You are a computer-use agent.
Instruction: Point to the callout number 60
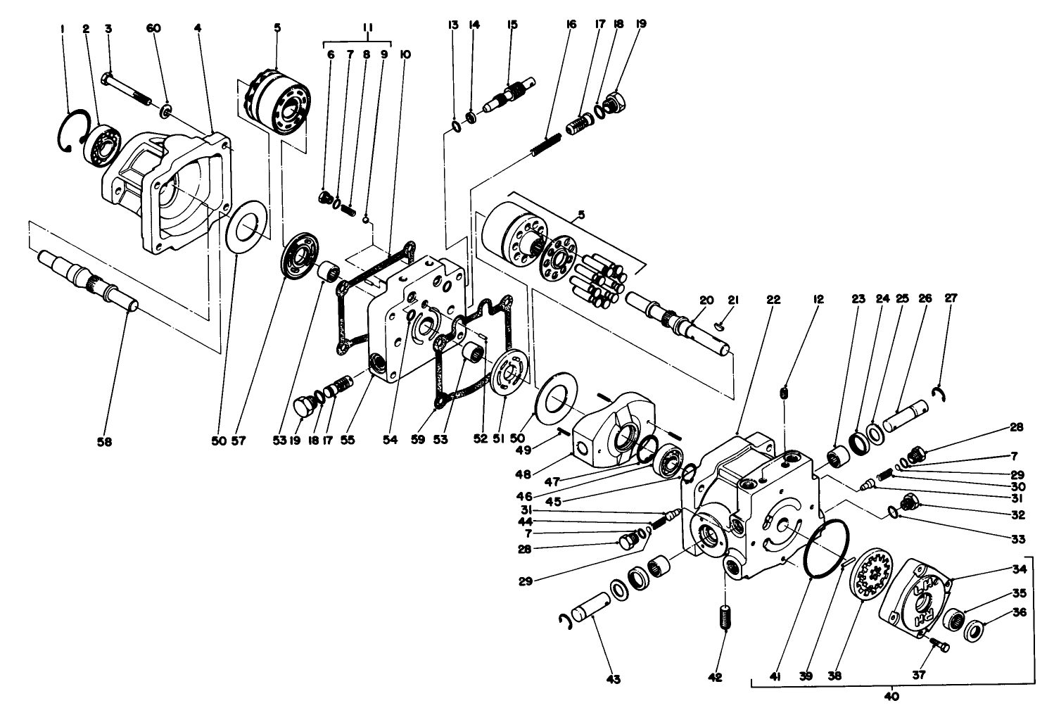click(x=153, y=28)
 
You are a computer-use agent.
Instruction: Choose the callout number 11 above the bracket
click(x=367, y=28)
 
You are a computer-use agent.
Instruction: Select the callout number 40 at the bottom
click(x=891, y=697)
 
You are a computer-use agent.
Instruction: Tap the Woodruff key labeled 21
click(x=718, y=325)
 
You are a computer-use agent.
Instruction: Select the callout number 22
click(x=773, y=299)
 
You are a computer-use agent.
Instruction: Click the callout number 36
click(x=1019, y=612)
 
